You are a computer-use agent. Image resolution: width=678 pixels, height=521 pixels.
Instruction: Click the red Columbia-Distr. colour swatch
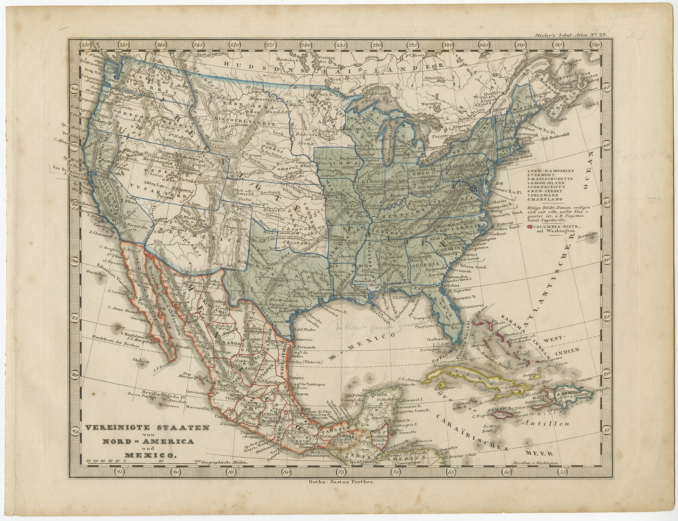tap(529, 227)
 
